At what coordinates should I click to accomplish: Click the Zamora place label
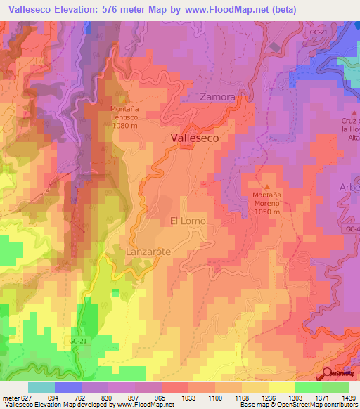coord(217,97)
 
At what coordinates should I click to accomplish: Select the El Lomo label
coord(188,221)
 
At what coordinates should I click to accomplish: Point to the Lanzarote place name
coord(148,251)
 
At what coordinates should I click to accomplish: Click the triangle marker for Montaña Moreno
coord(266,186)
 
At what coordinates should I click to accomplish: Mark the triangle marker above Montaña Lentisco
coord(125,100)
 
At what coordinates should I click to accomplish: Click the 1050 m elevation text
coord(266,212)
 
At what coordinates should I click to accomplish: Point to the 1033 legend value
coord(188,398)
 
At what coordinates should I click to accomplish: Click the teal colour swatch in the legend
coord(41,387)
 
